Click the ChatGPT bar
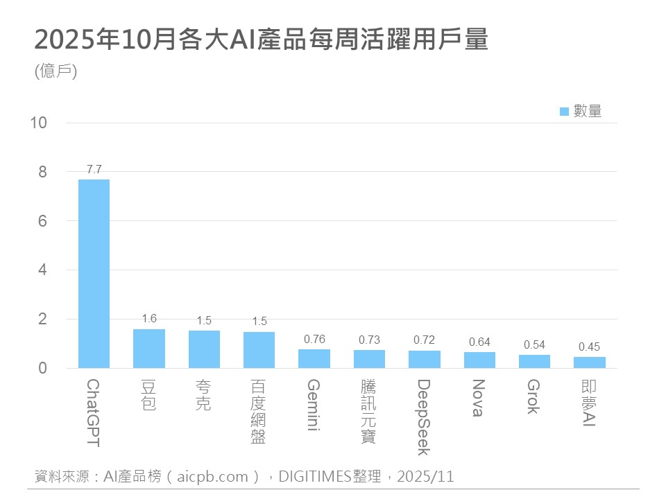[x=94, y=274]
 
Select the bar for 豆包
[x=148, y=349]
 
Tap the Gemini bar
[x=314, y=358]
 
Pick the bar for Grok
[x=534, y=361]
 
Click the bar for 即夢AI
[x=589, y=362]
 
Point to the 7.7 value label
[x=94, y=169]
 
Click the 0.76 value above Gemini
[x=314, y=339]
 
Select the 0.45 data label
[x=589, y=347]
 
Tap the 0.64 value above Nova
[x=479, y=342]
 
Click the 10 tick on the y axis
[x=39, y=123]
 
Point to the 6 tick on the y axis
[x=42, y=221]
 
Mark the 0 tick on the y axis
[x=42, y=368]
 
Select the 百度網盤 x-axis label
[x=259, y=411]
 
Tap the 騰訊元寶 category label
[x=369, y=411]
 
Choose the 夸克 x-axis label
[x=203, y=395]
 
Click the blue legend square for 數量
[x=564, y=111]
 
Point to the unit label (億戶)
[x=55, y=71]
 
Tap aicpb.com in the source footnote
[x=212, y=476]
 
